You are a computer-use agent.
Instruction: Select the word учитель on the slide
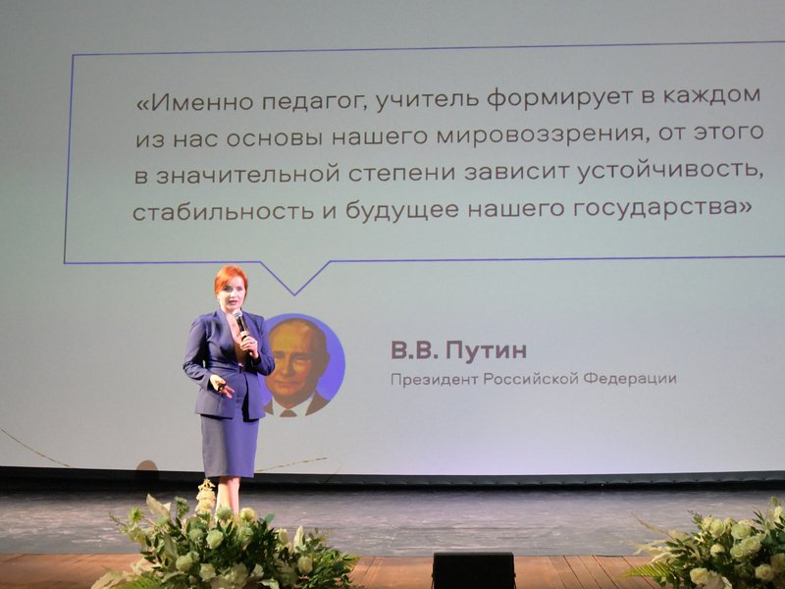(426, 98)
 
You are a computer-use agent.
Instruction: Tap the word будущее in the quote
(402, 210)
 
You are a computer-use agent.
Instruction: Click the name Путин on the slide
(486, 350)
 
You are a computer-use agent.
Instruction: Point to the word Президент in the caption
(434, 379)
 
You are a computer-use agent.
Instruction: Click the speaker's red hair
(230, 277)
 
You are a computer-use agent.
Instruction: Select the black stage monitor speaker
(474, 570)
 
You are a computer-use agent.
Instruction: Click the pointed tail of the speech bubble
(294, 294)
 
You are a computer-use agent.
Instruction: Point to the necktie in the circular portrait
(288, 412)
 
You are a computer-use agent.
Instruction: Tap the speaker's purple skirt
(230, 446)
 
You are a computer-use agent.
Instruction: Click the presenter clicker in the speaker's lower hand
(221, 386)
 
